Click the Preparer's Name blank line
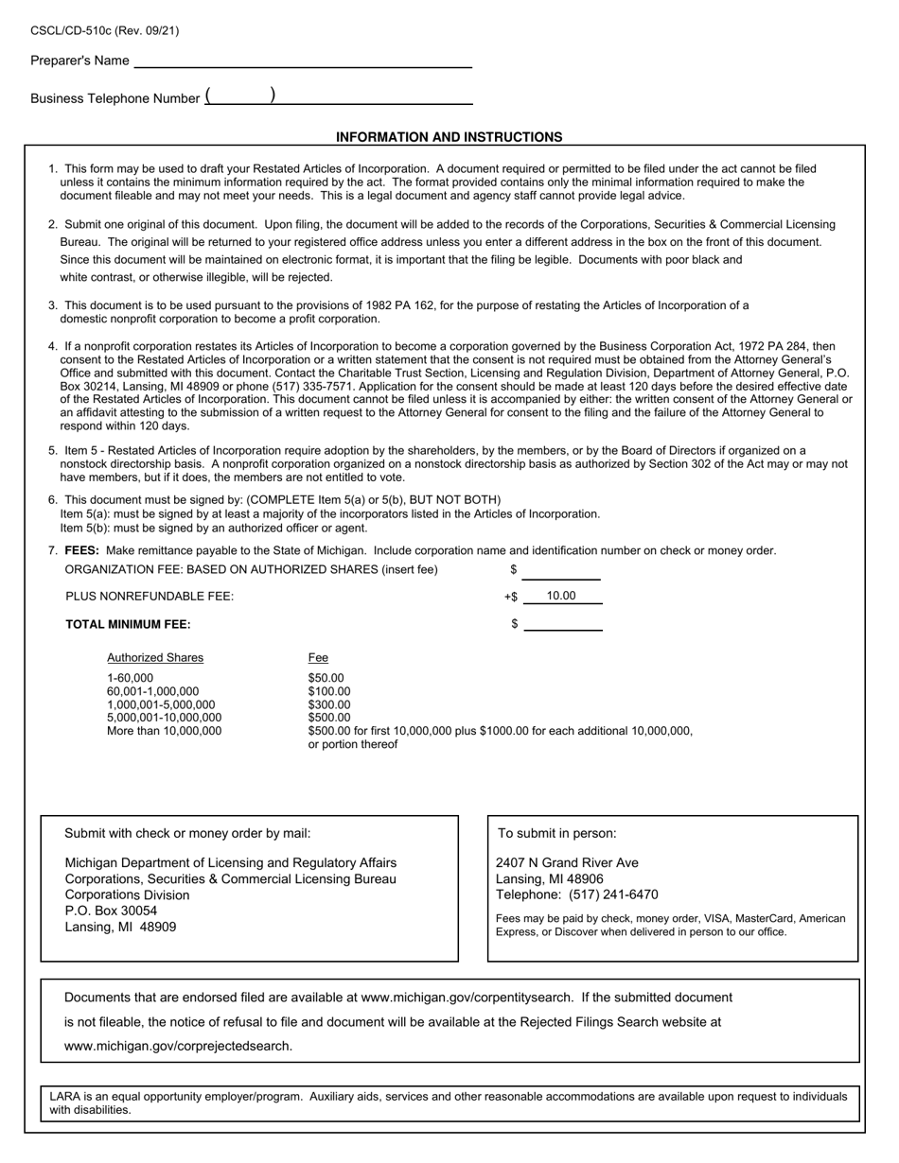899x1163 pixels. [303, 62]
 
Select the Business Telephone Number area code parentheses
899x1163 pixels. [240, 96]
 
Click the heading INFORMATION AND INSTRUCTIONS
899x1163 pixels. [449, 137]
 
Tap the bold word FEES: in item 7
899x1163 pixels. [81, 550]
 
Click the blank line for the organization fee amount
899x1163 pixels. [561, 572]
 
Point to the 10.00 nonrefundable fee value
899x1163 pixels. [561, 596]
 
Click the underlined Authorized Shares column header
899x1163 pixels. [154, 657]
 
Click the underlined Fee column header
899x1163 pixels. [318, 657]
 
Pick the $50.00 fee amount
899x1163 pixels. [326, 678]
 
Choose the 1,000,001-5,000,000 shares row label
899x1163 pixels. [161, 704]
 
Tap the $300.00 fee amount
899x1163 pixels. [328, 704]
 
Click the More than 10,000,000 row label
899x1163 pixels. [164, 730]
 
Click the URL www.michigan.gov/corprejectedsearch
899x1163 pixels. [178, 1046]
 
